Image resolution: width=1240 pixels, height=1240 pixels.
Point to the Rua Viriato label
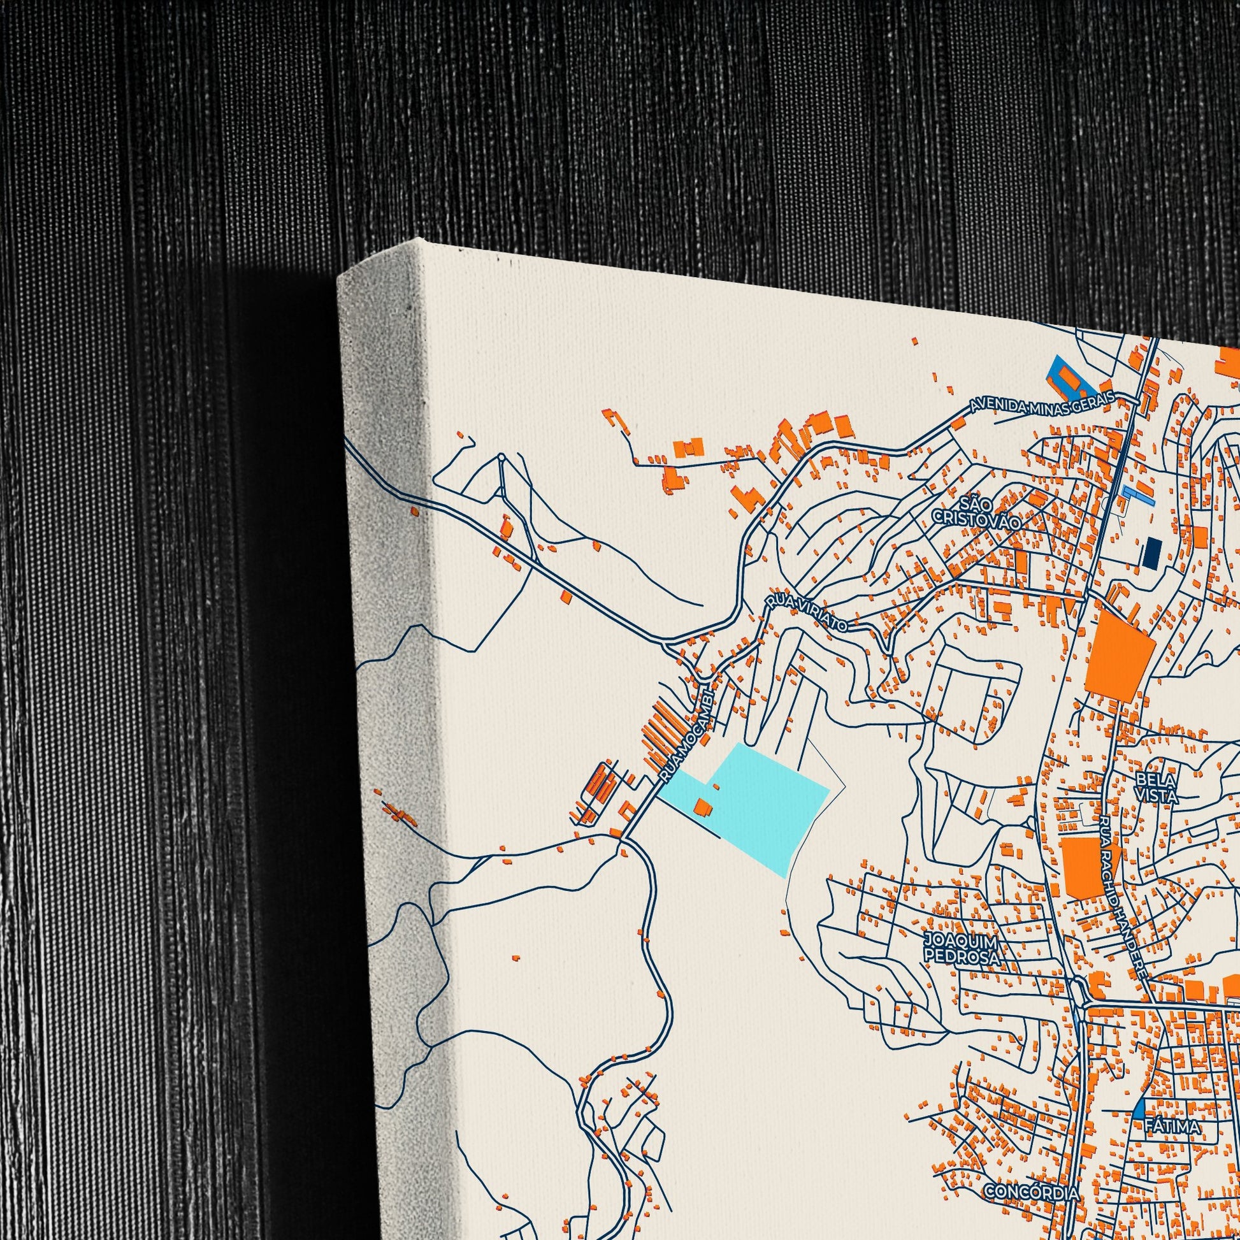[x=806, y=614]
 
